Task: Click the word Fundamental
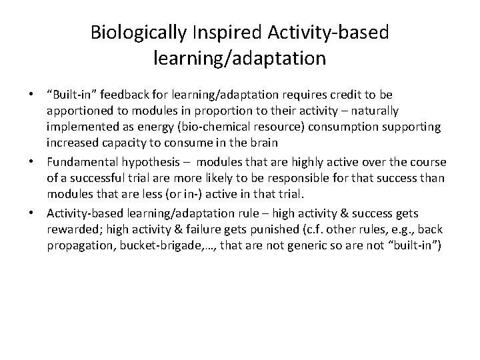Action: pyautogui.click(x=81, y=163)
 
